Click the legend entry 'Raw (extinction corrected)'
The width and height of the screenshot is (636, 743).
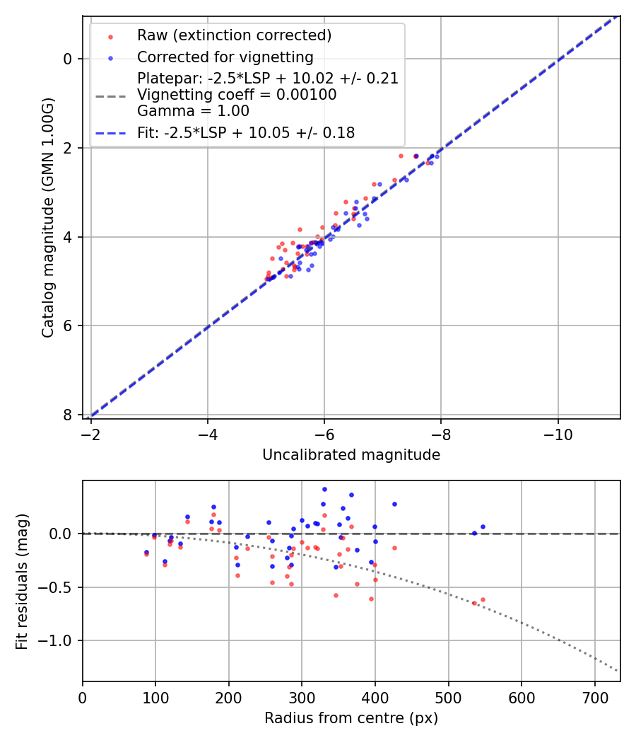(x=234, y=35)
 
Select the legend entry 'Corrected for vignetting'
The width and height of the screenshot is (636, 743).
(x=225, y=57)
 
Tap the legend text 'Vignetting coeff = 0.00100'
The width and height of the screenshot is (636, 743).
(x=237, y=95)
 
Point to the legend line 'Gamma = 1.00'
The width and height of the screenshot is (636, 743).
(x=193, y=111)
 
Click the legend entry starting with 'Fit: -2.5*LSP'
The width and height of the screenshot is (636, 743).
(x=245, y=132)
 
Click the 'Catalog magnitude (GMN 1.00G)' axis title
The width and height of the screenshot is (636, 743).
(x=47, y=217)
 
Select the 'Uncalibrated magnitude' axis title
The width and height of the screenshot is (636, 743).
(x=351, y=455)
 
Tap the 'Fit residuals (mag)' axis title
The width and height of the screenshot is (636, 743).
(x=22, y=580)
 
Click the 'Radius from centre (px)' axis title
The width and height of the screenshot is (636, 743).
(x=351, y=718)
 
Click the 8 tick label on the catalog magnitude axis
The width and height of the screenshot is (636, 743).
(x=67, y=415)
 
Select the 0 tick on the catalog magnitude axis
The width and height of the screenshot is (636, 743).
(x=67, y=59)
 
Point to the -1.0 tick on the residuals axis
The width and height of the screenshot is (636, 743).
(x=60, y=640)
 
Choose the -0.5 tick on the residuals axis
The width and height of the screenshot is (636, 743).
(x=60, y=587)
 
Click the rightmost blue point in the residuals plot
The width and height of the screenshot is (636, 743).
(x=483, y=526)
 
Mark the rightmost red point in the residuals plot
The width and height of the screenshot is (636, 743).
(x=483, y=599)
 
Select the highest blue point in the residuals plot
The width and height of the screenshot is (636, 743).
(x=324, y=489)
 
